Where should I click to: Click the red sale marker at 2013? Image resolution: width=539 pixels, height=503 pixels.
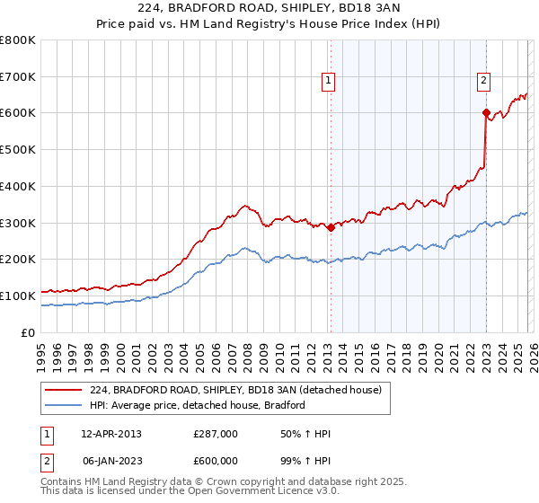point(330,227)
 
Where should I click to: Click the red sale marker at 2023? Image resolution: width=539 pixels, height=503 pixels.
point(486,113)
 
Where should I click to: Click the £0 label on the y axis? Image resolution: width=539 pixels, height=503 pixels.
point(29,332)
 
